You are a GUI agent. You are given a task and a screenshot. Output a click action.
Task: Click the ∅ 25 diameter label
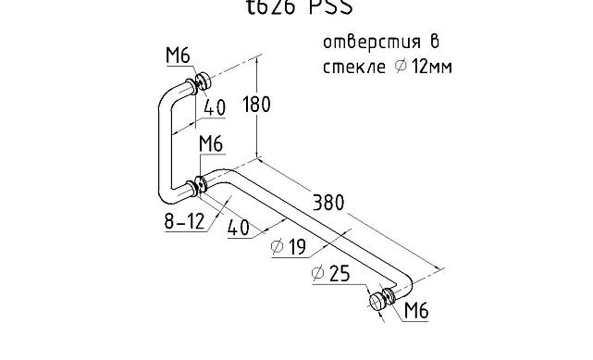tap(330, 274)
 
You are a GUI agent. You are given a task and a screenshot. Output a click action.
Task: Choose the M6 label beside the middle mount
tap(212, 143)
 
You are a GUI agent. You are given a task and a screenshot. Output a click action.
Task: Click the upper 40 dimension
tap(215, 107)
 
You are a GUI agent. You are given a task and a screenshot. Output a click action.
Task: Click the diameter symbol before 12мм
tap(402, 68)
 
